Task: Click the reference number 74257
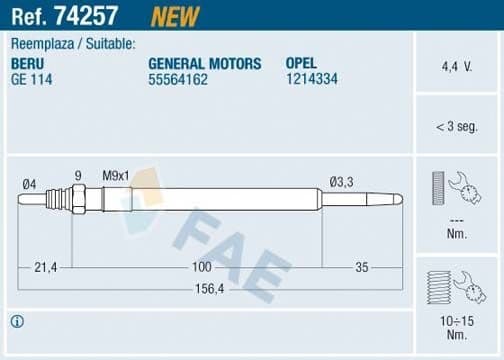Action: coord(91,16)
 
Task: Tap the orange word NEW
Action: coord(175,16)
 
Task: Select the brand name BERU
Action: coord(27,63)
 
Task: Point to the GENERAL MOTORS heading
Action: coord(204,63)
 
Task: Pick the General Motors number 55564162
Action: coord(178,79)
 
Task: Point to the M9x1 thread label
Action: coord(117,176)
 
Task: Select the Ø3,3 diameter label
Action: coord(341,182)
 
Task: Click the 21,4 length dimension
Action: coord(47,267)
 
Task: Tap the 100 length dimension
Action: coord(202,267)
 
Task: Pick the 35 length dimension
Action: coord(362,267)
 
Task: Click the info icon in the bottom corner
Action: coord(17,321)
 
